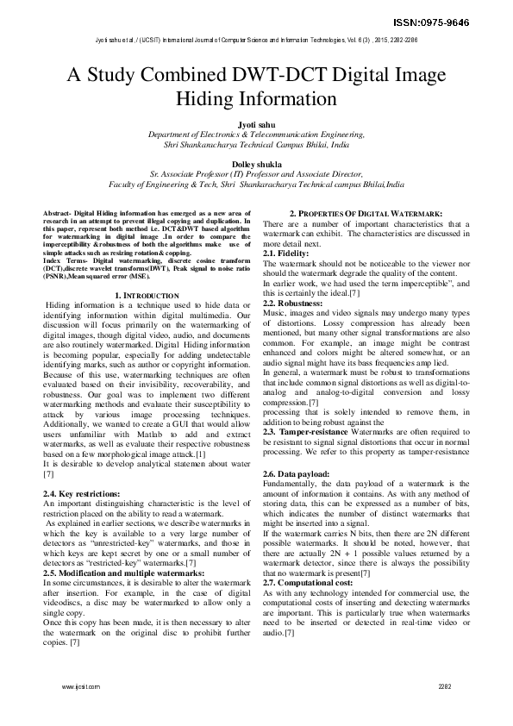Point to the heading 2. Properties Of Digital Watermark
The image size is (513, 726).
(366, 213)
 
